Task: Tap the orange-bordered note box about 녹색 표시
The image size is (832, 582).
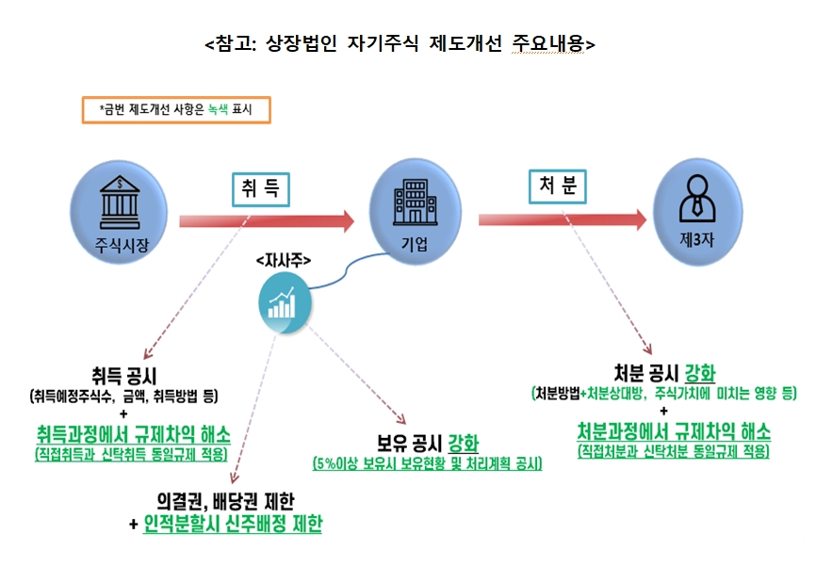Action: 176,109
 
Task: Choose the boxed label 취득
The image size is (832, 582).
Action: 259,188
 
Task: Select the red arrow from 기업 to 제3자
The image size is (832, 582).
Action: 562,219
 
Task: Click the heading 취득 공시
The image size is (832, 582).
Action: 125,376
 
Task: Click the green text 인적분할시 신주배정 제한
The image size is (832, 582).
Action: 233,524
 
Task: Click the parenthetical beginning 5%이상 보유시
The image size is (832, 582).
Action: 427,464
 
